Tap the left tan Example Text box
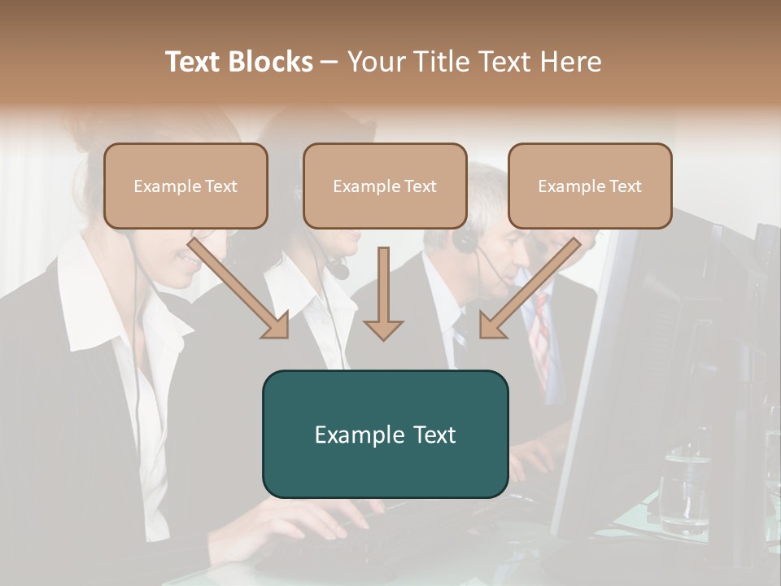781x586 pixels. [185, 186]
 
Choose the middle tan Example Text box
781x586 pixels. [385, 186]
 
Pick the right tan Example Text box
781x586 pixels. [590, 186]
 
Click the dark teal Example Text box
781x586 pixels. [385, 434]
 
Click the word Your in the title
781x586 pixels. [377, 62]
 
